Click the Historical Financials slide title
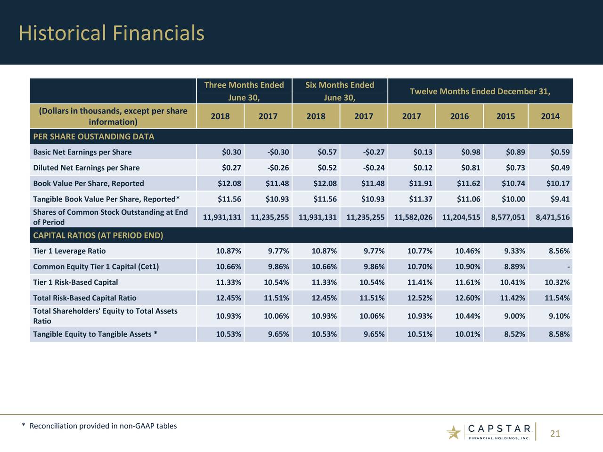click(x=112, y=33)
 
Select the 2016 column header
click(x=459, y=116)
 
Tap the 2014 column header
click(x=550, y=116)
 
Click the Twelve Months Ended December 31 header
click(x=480, y=91)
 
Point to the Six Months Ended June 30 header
click(x=339, y=91)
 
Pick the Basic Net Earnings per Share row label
click(x=82, y=152)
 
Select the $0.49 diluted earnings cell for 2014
click(x=560, y=168)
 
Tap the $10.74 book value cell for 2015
click(x=513, y=183)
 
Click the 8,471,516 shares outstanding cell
click(x=553, y=217)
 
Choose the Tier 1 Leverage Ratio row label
click(x=69, y=251)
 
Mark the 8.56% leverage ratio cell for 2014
click(x=559, y=251)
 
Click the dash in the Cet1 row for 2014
click(x=569, y=267)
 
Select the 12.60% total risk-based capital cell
click(x=468, y=298)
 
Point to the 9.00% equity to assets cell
click(x=514, y=316)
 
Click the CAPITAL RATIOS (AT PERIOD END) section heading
click(x=98, y=235)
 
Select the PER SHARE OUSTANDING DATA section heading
click(x=94, y=137)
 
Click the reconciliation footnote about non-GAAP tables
click(x=99, y=426)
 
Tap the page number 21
click(x=555, y=434)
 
